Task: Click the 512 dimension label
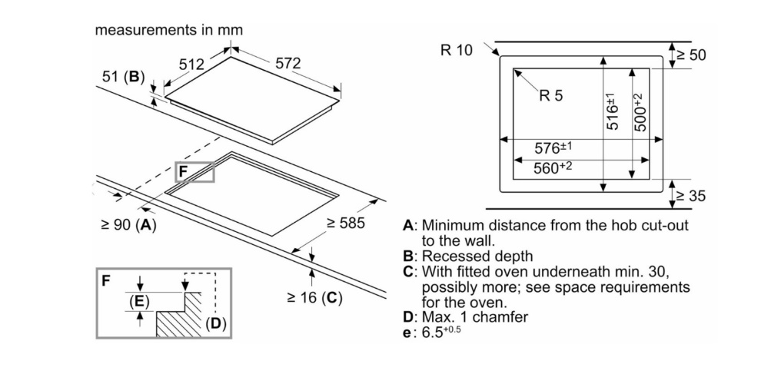(191, 65)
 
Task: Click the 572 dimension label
(287, 64)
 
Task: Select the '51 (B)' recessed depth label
(123, 77)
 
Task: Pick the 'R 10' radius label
(457, 51)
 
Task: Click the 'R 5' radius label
(551, 96)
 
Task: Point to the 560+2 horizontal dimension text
(553, 167)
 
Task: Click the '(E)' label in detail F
(139, 302)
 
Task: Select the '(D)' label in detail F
(216, 324)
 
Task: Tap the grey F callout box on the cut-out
(195, 174)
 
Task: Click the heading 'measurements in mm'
(168, 31)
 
